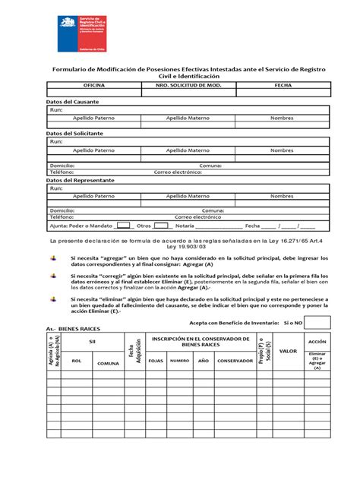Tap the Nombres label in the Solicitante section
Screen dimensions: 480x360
pyautogui.click(x=281, y=150)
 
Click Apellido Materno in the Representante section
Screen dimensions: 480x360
pyautogui.click(x=188, y=196)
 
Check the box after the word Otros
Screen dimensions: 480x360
pyautogui.click(x=162, y=226)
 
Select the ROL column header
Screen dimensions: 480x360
pyautogui.click(x=76, y=361)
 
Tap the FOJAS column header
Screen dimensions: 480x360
pyautogui.click(x=155, y=361)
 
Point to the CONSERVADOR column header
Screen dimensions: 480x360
pyautogui.click(x=235, y=361)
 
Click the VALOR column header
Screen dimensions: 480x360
pyautogui.click(x=288, y=351)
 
